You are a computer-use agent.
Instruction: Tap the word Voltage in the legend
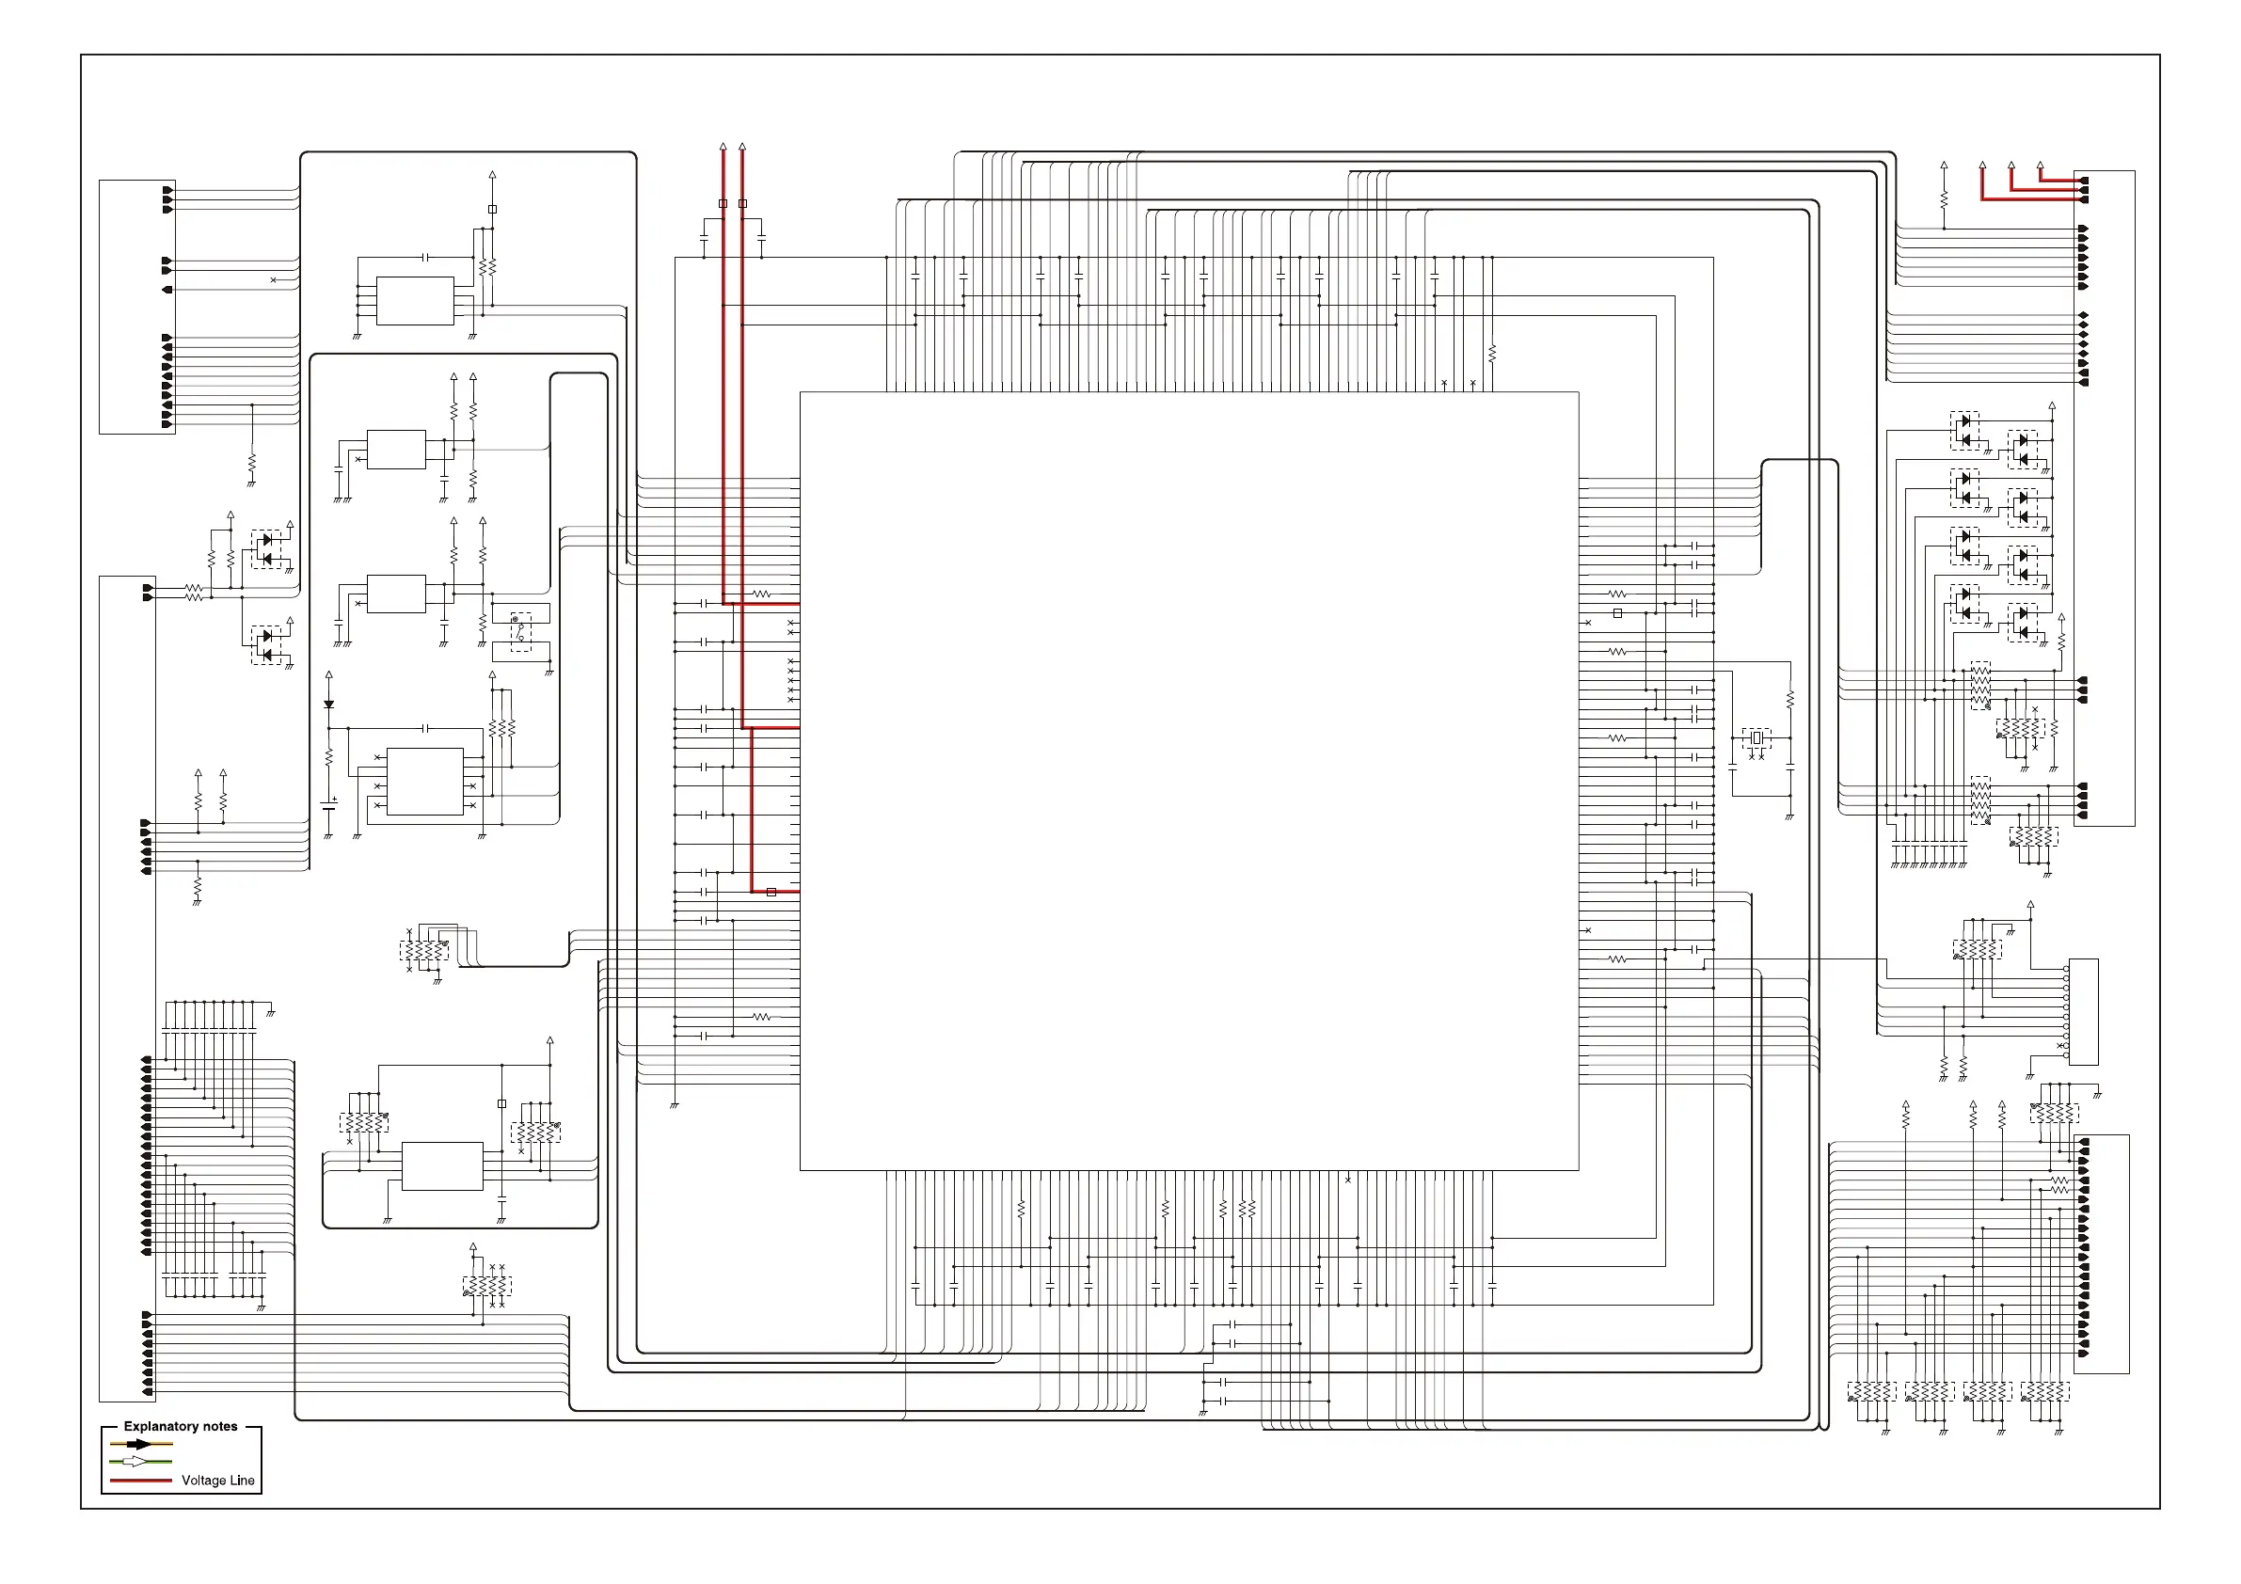coord(203,1481)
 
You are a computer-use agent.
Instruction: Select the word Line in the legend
coord(242,1481)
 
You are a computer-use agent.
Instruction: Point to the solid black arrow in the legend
coord(139,1444)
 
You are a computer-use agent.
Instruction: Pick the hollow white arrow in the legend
coord(135,1461)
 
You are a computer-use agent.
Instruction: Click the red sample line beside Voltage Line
coord(140,1481)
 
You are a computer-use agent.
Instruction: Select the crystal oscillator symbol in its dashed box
coord(1756,738)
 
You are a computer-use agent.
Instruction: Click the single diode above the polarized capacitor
coord(329,704)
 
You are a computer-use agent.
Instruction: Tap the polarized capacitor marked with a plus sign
coord(329,805)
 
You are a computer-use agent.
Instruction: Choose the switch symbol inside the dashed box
coord(520,631)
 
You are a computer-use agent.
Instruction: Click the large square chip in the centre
coord(1189,781)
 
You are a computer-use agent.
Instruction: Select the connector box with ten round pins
coord(2083,1011)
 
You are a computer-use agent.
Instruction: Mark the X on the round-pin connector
coord(2059,1046)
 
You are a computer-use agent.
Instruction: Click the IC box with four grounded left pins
coord(415,301)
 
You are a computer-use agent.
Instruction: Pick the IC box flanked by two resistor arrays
coord(442,1165)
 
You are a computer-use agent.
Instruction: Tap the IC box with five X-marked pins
coord(424,781)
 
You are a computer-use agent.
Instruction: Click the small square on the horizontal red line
coord(771,892)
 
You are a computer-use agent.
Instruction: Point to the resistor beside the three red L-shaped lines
coord(1944,198)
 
